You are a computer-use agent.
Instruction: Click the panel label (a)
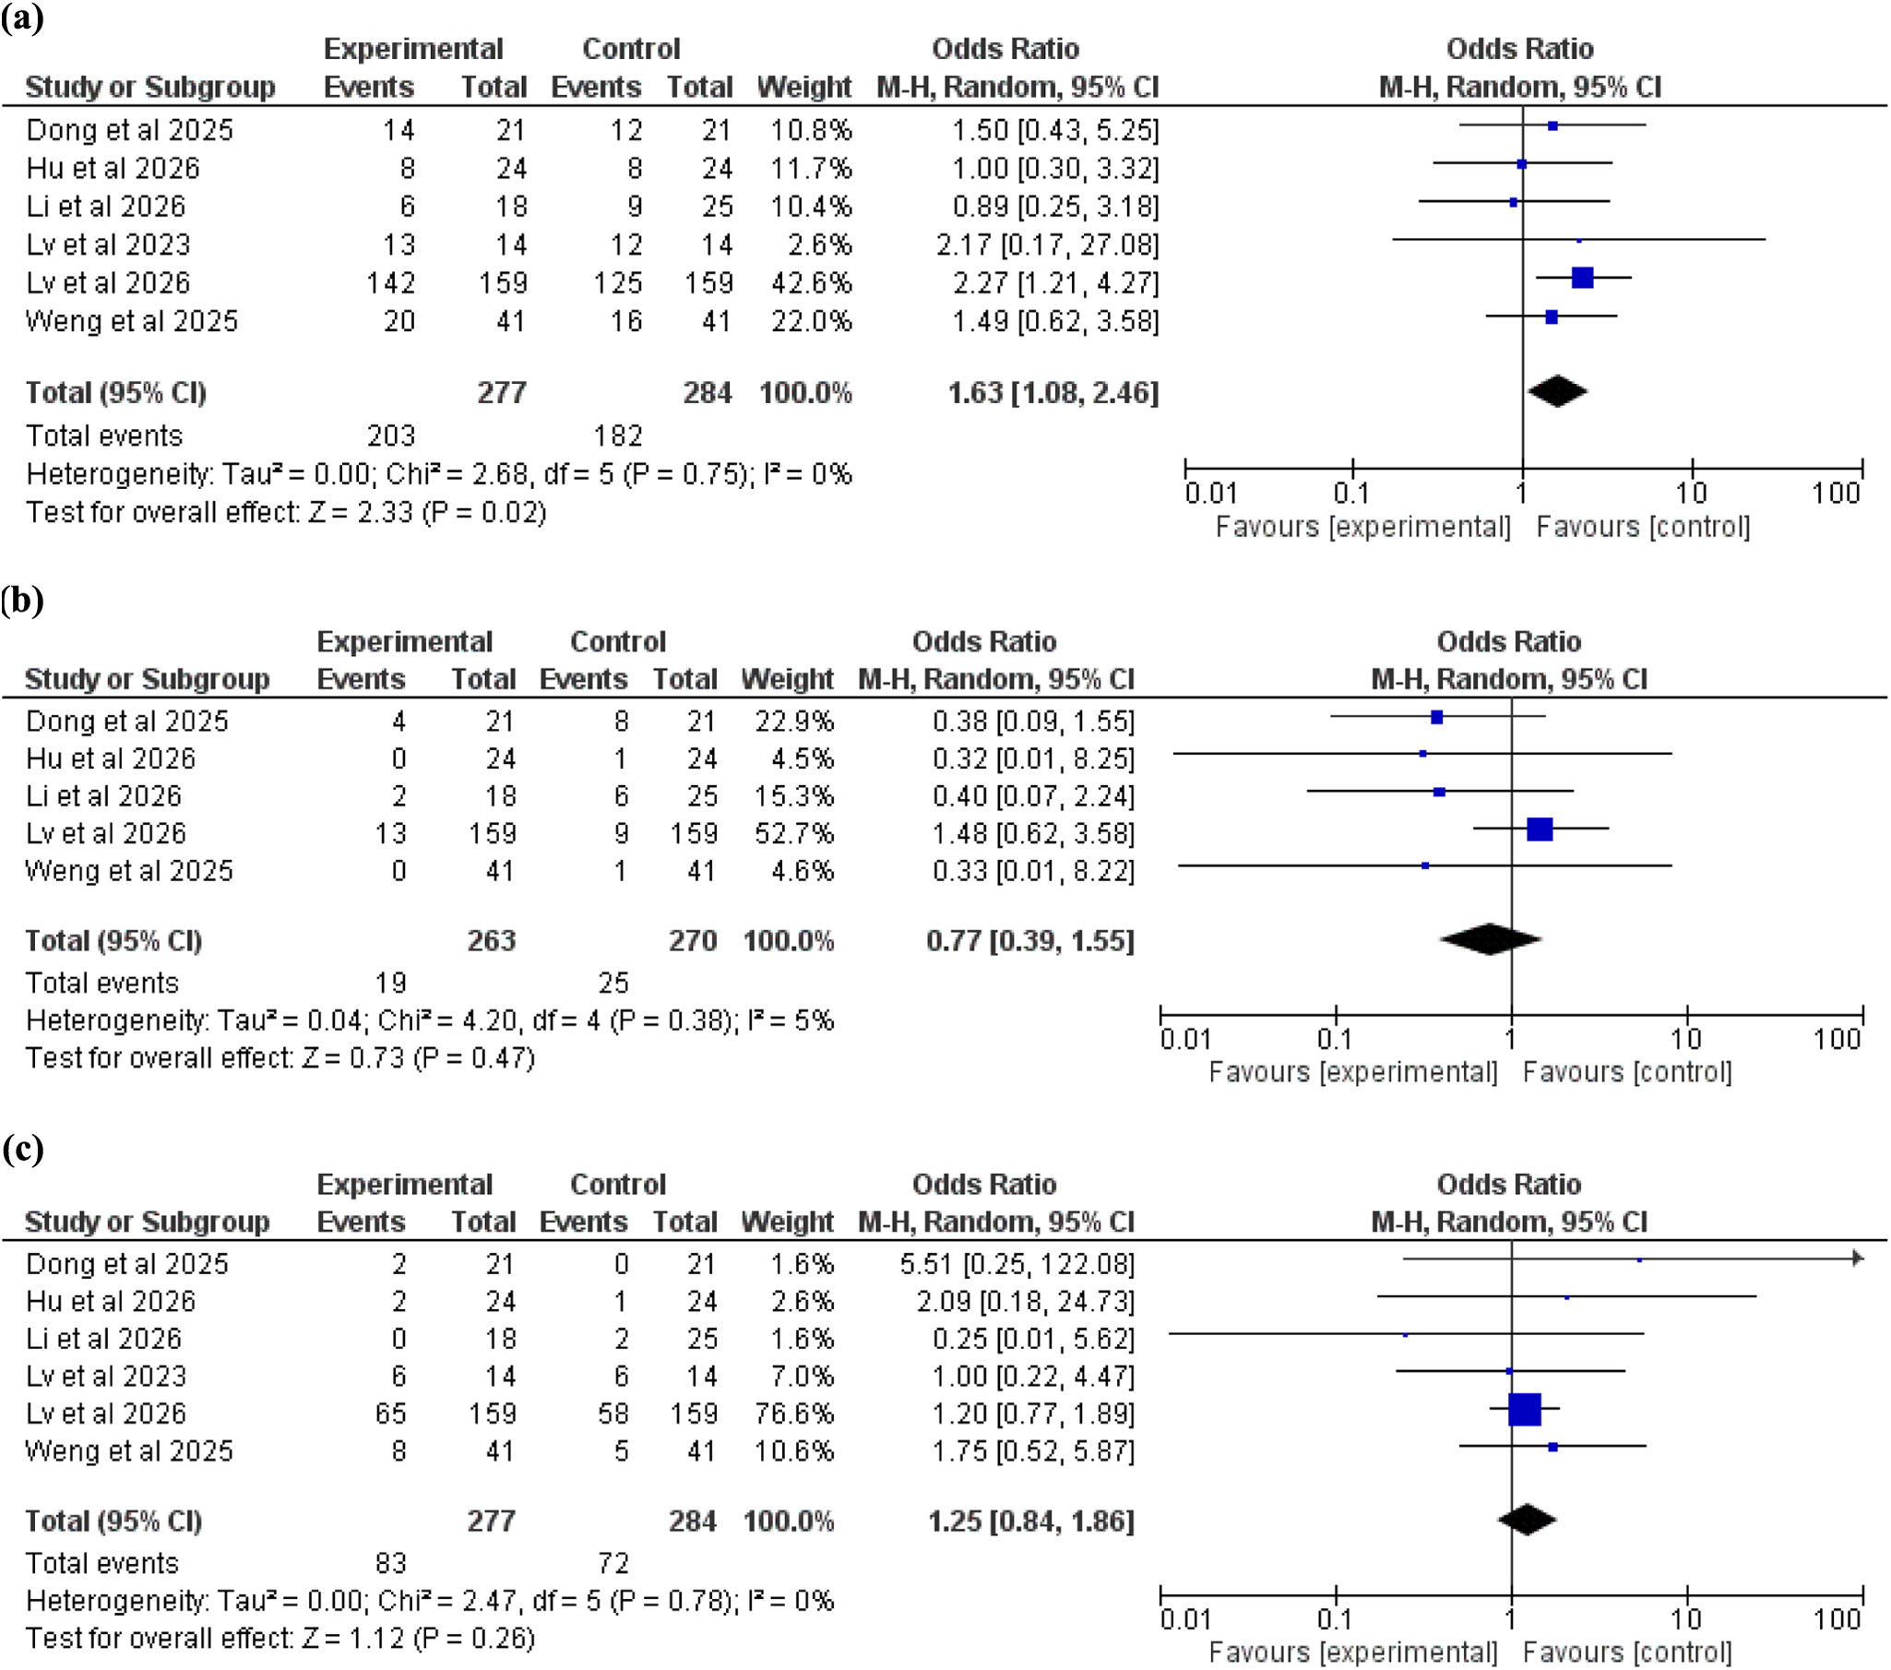(x=22, y=18)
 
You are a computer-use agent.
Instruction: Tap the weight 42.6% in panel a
(x=812, y=282)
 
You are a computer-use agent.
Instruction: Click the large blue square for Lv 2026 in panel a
(x=1582, y=277)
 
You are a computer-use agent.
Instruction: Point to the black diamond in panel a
(x=1557, y=390)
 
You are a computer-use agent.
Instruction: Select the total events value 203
(x=391, y=435)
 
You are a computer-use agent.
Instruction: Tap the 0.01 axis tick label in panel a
(x=1211, y=493)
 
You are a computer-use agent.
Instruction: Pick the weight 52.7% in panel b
(x=794, y=832)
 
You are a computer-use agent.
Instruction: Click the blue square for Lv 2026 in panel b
(x=1540, y=828)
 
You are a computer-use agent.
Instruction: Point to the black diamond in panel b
(x=1491, y=939)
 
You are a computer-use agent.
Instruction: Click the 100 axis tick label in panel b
(x=1837, y=1038)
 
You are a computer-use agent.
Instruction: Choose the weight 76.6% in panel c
(x=794, y=1413)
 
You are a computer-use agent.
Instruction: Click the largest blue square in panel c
(x=1525, y=1409)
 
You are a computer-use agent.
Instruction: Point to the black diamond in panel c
(x=1527, y=1520)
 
